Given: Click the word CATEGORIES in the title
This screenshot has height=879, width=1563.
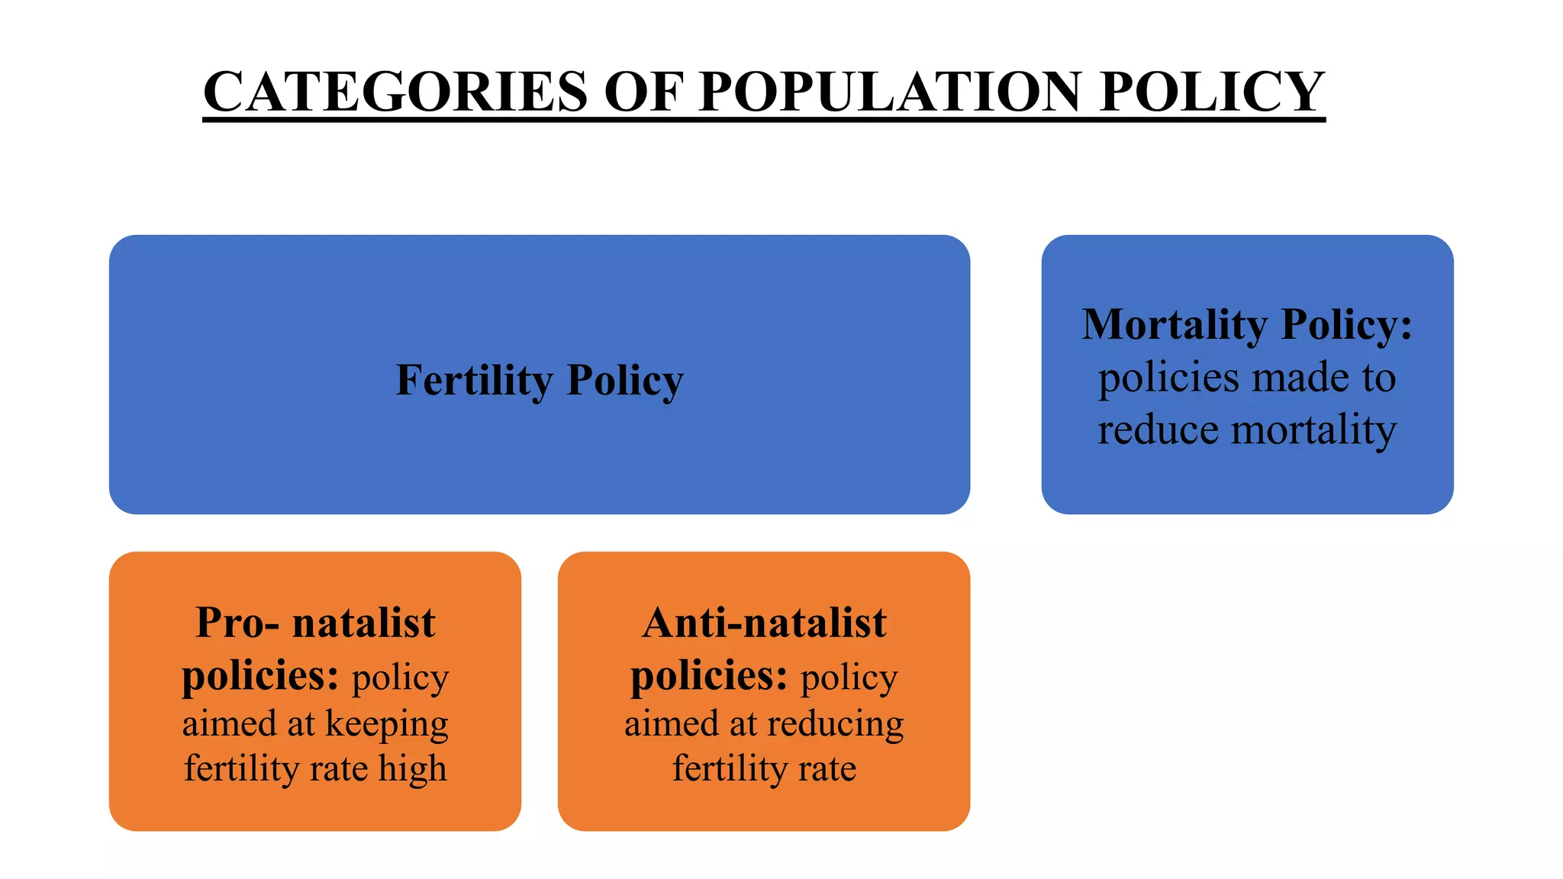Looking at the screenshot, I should [x=395, y=92].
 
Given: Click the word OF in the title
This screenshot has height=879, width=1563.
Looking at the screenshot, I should [x=643, y=92].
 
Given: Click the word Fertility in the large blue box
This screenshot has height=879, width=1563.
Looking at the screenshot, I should [x=473, y=380].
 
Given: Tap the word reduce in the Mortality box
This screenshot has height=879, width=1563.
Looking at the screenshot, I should [x=1158, y=430].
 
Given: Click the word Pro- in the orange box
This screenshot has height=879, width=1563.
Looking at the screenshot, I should [x=237, y=623].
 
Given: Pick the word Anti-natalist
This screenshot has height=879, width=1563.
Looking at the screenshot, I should [x=764, y=623].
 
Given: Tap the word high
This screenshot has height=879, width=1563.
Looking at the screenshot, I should [x=412, y=768].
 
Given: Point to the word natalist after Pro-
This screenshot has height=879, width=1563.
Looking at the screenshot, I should [x=363, y=623].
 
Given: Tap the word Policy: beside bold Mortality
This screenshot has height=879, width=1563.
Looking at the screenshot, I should [x=1346, y=324].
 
